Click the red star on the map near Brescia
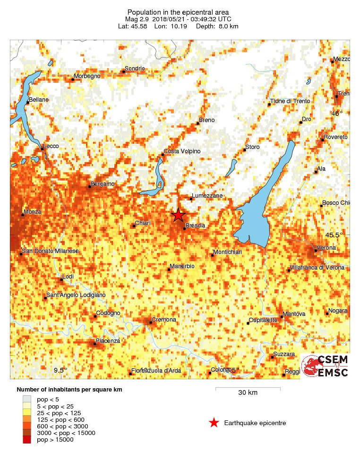click(x=178, y=215)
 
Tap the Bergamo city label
click(x=103, y=183)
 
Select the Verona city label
click(x=326, y=248)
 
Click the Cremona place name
click(x=164, y=320)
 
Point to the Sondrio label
click(x=135, y=69)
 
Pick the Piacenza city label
click(x=108, y=340)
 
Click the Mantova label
click(x=294, y=314)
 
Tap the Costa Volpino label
click(x=182, y=151)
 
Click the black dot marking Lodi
click(x=61, y=280)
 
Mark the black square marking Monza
click(x=22, y=215)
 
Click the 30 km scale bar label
click(x=248, y=393)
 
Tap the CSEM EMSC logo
click(x=325, y=366)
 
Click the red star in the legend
click(x=214, y=423)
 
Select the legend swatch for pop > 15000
click(x=27, y=440)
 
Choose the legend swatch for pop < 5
click(x=27, y=400)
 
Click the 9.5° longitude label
click(x=60, y=370)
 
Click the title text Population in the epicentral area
click(x=178, y=12)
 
